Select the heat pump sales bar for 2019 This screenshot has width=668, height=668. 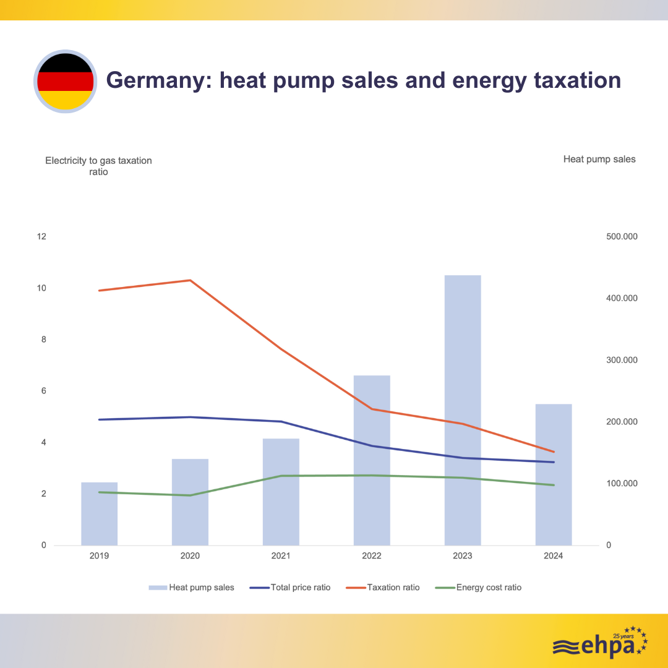pos(99,513)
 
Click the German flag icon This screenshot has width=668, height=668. pos(65,81)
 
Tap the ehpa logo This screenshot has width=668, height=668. pos(599,643)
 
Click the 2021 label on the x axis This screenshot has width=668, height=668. pos(281,556)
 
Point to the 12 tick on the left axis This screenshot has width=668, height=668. pos(42,237)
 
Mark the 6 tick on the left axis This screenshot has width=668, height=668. pos(43,391)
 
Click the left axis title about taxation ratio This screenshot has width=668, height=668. pos(98,166)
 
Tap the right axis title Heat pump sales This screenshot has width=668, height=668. pos(599,159)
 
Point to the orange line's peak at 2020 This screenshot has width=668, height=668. pos(190,280)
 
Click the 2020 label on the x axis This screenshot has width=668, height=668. pos(190,556)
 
